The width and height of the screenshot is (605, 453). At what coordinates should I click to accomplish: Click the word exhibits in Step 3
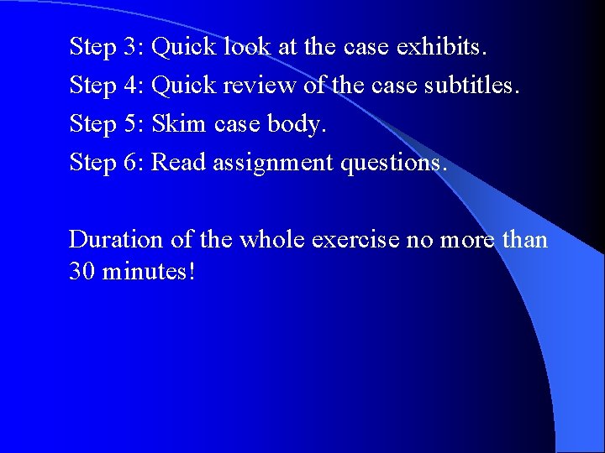click(442, 46)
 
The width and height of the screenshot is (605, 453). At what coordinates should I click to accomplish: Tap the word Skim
click(179, 124)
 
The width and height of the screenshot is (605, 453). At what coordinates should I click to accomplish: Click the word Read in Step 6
click(179, 162)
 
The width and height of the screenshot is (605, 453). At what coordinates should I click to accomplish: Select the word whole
click(272, 240)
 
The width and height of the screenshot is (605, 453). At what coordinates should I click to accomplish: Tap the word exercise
click(355, 240)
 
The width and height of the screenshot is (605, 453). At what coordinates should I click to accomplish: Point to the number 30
click(82, 272)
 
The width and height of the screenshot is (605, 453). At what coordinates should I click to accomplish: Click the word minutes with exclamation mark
click(148, 272)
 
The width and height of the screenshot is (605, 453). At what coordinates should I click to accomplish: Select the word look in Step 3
click(247, 46)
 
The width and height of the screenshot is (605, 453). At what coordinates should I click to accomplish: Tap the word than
click(524, 240)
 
